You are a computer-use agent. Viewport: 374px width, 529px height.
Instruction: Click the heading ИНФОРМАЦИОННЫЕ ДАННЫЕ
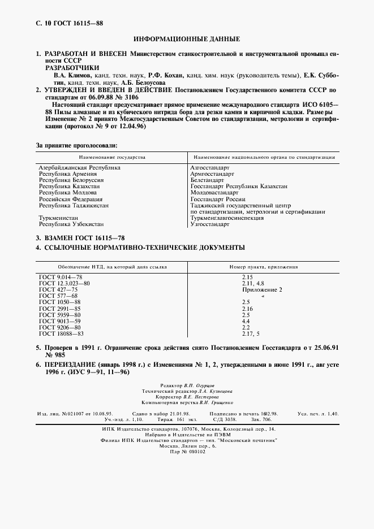187,40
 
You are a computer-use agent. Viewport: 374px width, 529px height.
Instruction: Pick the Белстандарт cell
210,180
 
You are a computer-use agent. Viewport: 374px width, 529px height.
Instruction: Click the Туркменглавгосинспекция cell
227,218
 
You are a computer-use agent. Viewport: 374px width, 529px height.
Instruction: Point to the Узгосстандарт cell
210,224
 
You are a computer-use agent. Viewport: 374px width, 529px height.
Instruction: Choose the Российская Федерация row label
70,199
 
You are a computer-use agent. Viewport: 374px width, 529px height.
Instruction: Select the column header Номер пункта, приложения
263,266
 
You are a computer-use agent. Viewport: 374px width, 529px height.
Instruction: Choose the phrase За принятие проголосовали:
76,146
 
